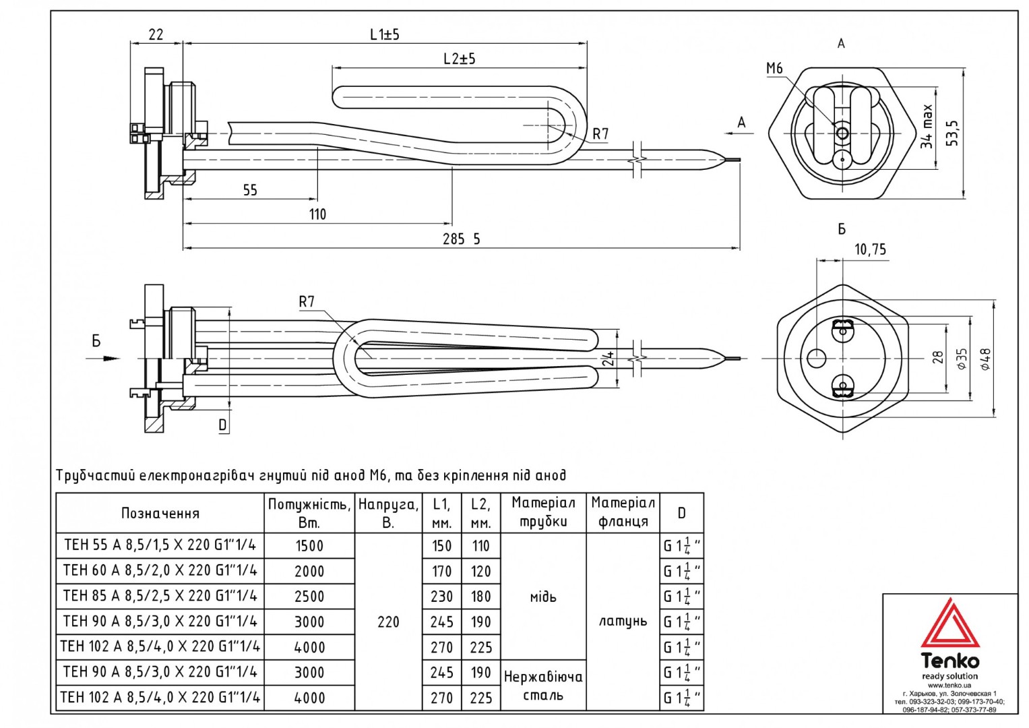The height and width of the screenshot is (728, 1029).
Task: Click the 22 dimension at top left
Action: pyautogui.click(x=156, y=34)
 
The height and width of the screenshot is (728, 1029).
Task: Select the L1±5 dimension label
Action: pyautogui.click(x=385, y=34)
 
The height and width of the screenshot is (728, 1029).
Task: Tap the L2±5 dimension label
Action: pyautogui.click(x=460, y=59)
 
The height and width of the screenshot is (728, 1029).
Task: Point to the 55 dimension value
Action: pyautogui.click(x=250, y=190)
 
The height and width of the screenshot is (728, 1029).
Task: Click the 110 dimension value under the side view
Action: pyautogui.click(x=317, y=214)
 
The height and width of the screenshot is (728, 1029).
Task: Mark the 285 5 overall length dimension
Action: pyautogui.click(x=461, y=239)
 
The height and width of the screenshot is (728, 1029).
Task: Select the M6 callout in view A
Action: pyautogui.click(x=774, y=69)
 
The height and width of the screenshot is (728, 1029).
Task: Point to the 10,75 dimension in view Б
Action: pyautogui.click(x=870, y=249)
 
